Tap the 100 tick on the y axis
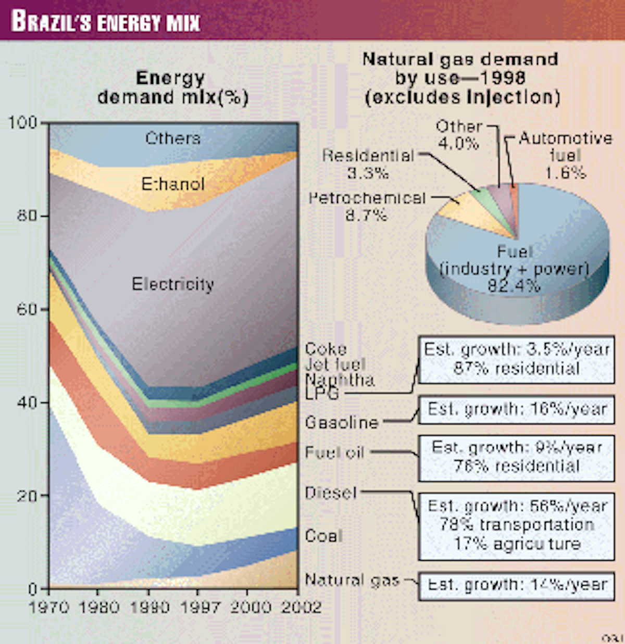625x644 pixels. coord(23,123)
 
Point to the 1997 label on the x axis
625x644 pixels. coord(198,607)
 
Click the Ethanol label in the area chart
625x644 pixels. coord(173,184)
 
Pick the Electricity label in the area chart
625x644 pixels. coord(172,284)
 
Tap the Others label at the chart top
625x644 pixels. coord(172,138)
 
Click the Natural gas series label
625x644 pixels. coord(352,579)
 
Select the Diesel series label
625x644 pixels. coord(331,493)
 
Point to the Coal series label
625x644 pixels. coord(323,536)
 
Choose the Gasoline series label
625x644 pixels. coord(342,422)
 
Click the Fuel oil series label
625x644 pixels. coord(334,452)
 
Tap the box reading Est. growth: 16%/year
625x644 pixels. coord(517,410)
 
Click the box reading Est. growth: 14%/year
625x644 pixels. coord(517,585)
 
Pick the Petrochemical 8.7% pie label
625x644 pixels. coord(367,206)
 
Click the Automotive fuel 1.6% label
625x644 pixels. coord(566,155)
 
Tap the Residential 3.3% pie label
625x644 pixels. coord(368,163)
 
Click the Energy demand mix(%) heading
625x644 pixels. coord(172,87)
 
